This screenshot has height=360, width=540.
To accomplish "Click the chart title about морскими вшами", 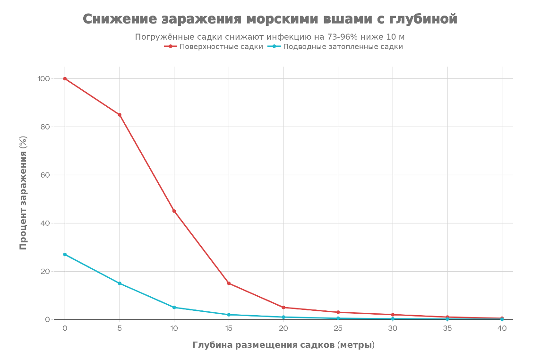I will pyautogui.click(x=270, y=19).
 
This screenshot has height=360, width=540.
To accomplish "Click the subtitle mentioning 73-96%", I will pyautogui.click(x=270, y=37).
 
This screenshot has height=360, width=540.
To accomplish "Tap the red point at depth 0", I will pyautogui.click(x=65, y=78).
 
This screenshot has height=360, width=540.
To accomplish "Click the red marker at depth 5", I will pyautogui.click(x=120, y=115).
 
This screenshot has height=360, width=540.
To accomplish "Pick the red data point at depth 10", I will pyautogui.click(x=174, y=211).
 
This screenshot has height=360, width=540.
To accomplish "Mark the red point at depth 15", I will pyautogui.click(x=229, y=283).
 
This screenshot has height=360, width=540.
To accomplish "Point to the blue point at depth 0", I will pyautogui.click(x=65, y=254).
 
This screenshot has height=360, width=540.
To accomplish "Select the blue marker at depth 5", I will pyautogui.click(x=120, y=283).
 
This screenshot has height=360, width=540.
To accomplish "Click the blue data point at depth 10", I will pyautogui.click(x=174, y=308).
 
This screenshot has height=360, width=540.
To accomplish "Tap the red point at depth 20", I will pyautogui.click(x=283, y=308).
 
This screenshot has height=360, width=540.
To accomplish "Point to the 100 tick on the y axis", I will pyautogui.click(x=43, y=78).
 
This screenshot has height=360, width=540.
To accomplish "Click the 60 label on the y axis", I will pyautogui.click(x=45, y=175).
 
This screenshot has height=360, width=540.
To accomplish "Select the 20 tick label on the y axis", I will pyautogui.click(x=45, y=271).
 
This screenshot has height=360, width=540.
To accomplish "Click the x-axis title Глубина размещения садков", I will pyautogui.click(x=283, y=345).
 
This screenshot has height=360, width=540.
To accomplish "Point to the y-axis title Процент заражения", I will pyautogui.click(x=23, y=193).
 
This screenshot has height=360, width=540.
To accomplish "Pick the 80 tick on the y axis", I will pyautogui.click(x=45, y=127).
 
